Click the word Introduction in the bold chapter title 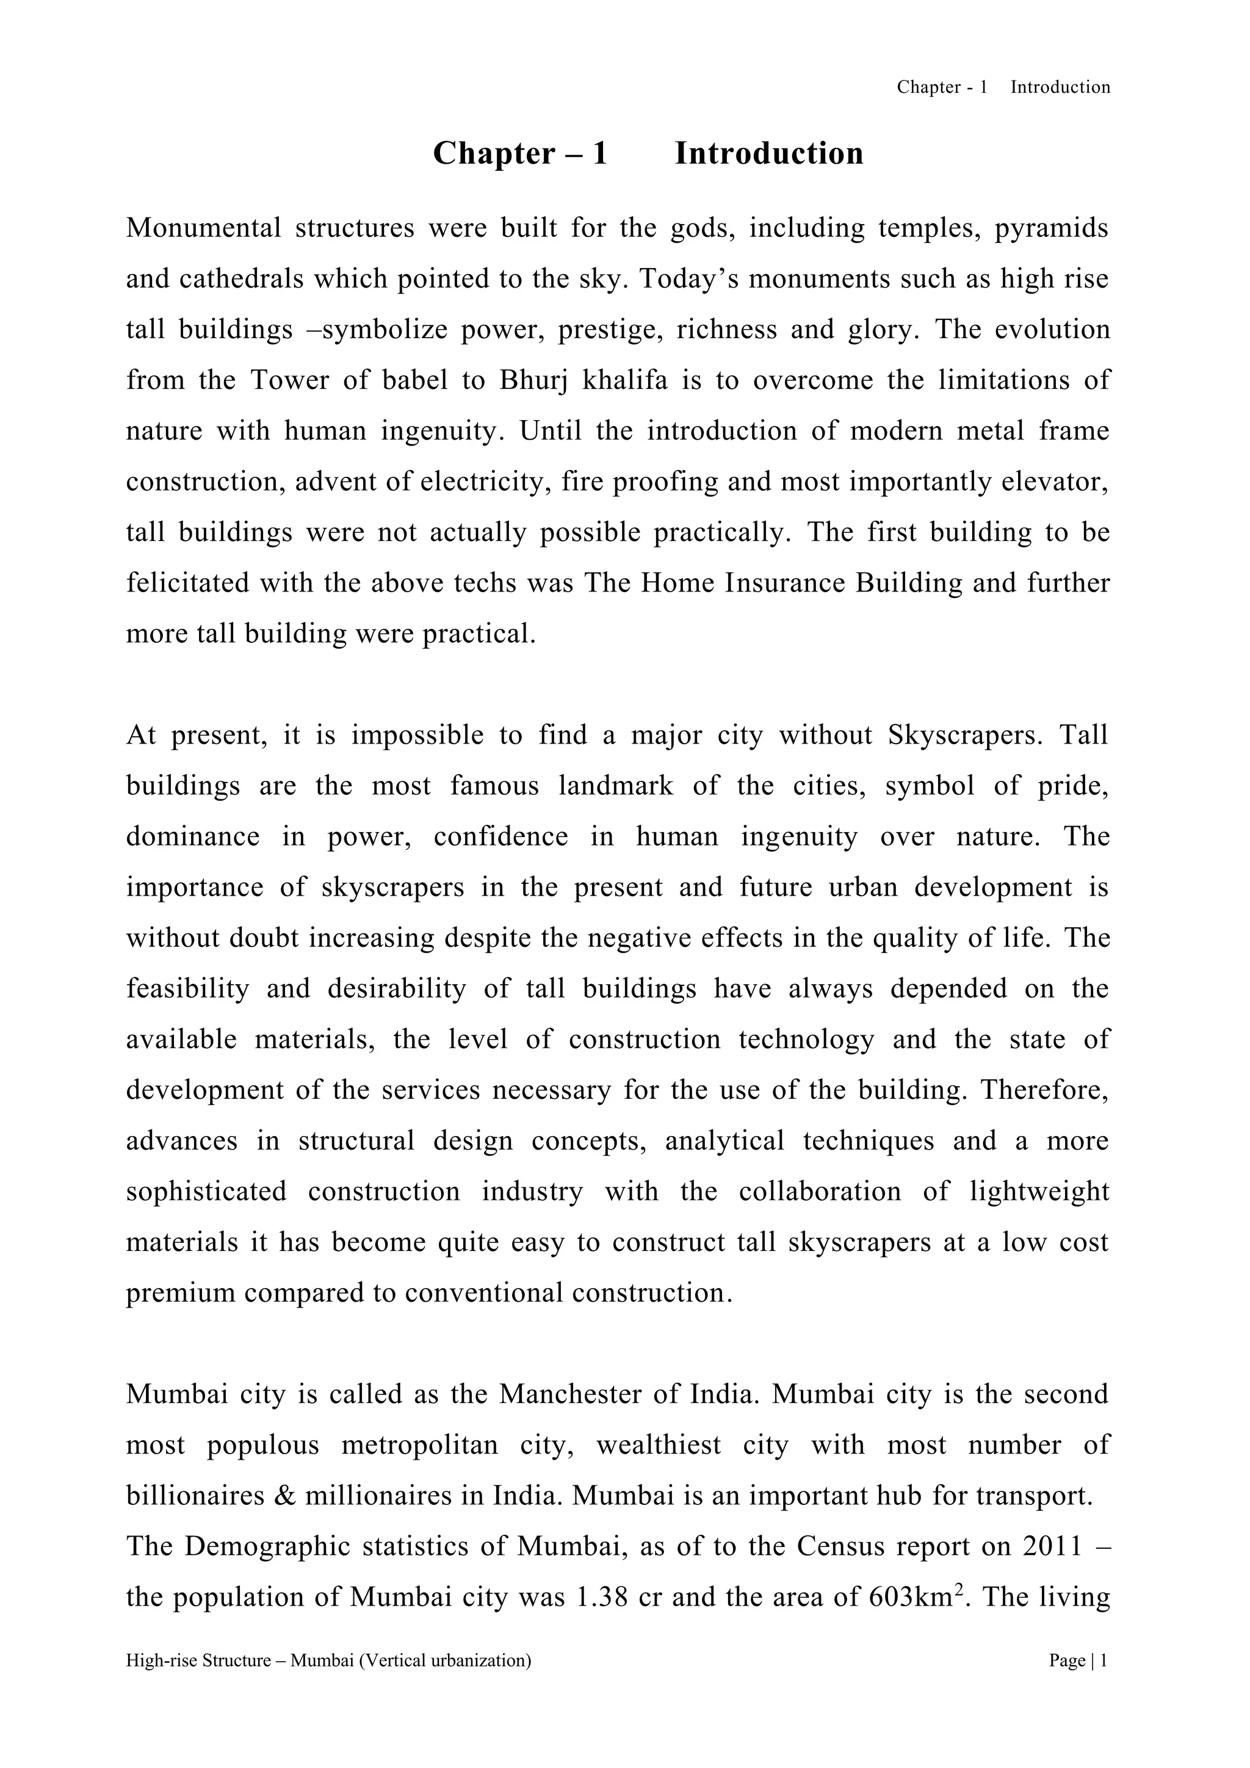(x=768, y=153)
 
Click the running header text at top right (x=1003, y=87)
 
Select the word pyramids (x=1052, y=230)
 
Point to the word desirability (x=396, y=989)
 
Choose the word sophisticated (x=206, y=1192)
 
